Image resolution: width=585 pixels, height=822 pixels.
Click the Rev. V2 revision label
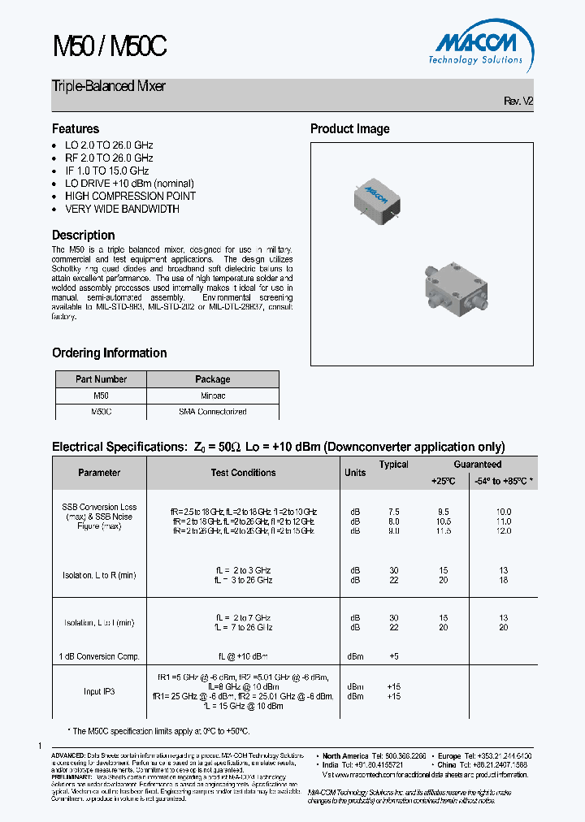[518, 101]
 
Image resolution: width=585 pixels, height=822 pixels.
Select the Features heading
[76, 129]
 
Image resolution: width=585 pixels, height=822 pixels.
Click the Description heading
[83, 236]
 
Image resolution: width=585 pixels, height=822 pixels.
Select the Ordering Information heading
[109, 353]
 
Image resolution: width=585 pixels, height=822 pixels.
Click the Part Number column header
[101, 379]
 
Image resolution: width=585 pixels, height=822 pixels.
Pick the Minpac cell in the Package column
[213, 396]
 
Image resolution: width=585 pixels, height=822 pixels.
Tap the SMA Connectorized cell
[213, 412]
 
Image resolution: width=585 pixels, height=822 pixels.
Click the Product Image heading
[349, 129]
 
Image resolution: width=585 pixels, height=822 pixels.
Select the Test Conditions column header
[243, 473]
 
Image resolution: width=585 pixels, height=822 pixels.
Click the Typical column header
[394, 465]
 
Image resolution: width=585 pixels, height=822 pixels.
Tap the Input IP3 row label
[99, 691]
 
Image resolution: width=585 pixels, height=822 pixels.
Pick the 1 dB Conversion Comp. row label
[99, 656]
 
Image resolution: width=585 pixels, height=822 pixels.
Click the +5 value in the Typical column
[394, 656]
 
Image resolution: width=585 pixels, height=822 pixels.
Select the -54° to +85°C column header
[504, 481]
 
